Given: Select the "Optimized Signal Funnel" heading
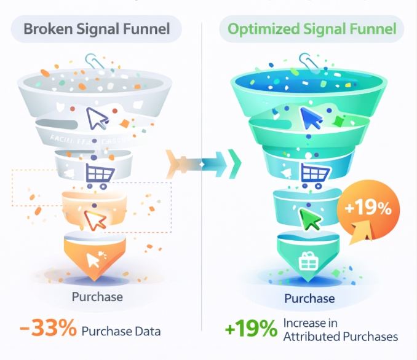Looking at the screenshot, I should coord(312,29).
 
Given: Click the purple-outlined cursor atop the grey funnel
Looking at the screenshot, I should coord(97,118).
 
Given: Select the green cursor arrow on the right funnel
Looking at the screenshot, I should coord(311,218).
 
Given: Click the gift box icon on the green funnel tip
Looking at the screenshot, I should coord(307,262).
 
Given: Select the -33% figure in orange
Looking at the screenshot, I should coord(49,329).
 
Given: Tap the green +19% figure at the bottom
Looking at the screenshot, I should coord(251,329).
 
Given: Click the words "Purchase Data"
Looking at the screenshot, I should coord(121,331).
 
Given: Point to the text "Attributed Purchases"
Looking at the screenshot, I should coord(340,337).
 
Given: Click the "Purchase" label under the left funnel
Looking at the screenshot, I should coord(97,297).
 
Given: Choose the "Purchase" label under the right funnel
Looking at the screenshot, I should coord(309,299).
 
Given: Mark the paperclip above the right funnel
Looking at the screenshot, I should coord(305,61).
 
